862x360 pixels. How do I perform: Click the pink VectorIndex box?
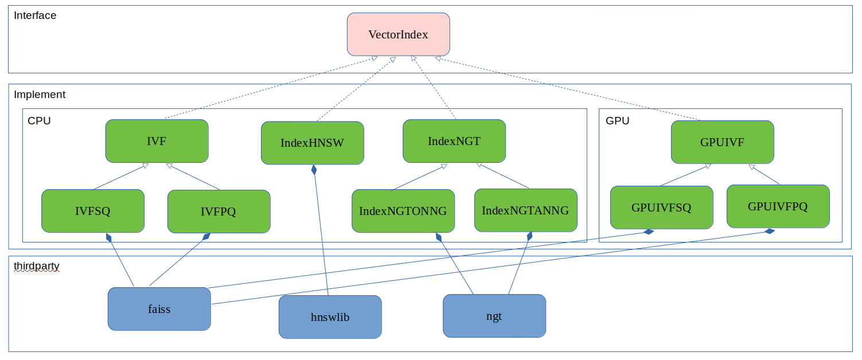tap(398, 34)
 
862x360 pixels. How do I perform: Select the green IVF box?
tap(157, 141)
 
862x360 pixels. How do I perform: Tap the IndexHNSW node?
tap(312, 143)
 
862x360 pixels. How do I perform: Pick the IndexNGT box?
tap(454, 140)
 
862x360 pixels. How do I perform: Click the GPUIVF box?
tap(722, 142)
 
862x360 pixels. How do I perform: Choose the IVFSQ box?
tap(93, 211)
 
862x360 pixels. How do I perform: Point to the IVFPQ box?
tap(219, 212)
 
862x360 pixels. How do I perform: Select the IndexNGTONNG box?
tap(403, 211)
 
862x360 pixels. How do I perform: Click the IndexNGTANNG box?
tap(525, 210)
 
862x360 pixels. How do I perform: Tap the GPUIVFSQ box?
tap(661, 208)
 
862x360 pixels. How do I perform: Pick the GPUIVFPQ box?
tap(778, 206)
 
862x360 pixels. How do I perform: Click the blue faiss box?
tap(159, 309)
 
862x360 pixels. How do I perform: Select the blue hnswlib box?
tap(330, 317)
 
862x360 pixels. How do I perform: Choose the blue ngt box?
tap(494, 316)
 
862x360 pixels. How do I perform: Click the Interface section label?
tap(35, 15)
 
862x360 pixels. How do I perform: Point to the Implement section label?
tap(40, 95)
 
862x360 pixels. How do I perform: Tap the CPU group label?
tap(39, 121)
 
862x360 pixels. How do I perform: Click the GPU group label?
tap(617, 121)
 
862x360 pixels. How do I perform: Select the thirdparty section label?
tap(37, 267)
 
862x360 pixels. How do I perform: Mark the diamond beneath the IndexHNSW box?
tap(314, 170)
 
